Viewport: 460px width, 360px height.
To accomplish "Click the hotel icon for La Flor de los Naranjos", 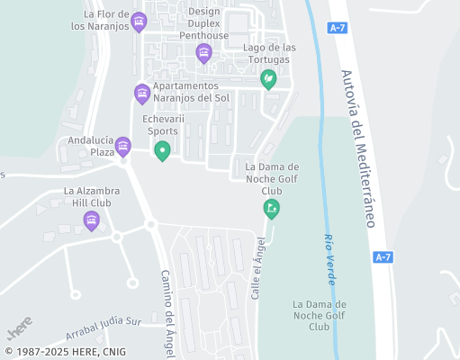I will point(138,22).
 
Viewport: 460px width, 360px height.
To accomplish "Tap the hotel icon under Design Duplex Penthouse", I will point(203,53).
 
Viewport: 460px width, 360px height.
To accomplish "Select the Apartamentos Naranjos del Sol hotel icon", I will point(141,93).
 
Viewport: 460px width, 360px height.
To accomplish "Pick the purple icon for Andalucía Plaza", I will point(122,146).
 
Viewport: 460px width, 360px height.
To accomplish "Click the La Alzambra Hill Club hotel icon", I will point(91,220).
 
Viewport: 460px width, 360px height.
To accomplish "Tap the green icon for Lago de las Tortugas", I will point(267,79).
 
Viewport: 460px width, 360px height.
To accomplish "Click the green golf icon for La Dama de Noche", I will point(271,209).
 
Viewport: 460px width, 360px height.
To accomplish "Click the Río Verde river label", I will point(329,259).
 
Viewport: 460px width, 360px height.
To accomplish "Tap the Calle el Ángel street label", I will point(259,267).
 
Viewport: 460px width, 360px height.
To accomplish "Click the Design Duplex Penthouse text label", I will point(204,23).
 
